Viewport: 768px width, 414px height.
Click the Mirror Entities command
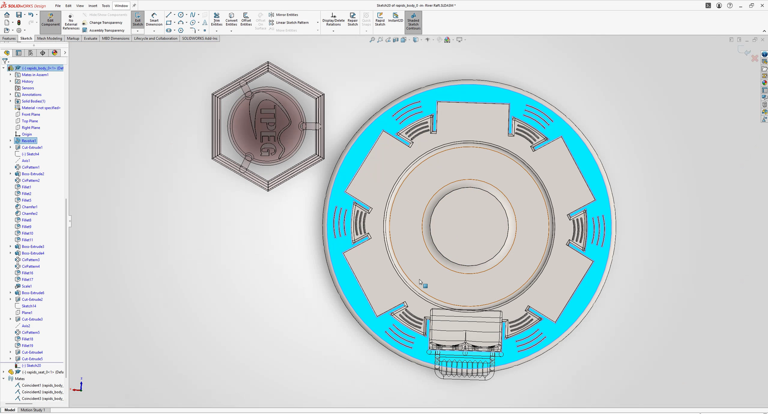pyautogui.click(x=287, y=15)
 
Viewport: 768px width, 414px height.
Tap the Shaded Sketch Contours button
pyautogui.click(x=413, y=22)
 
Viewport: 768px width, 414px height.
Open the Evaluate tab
pyautogui.click(x=91, y=38)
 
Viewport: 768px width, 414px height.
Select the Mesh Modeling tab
pyautogui.click(x=49, y=38)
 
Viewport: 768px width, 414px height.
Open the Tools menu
pyautogui.click(x=106, y=6)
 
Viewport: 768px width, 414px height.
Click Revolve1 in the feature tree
pyautogui.click(x=29, y=141)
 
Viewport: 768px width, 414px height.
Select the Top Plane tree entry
pyautogui.click(x=30, y=121)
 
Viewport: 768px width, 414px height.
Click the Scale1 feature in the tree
pyautogui.click(x=27, y=286)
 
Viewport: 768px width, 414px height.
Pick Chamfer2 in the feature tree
pyautogui.click(x=29, y=214)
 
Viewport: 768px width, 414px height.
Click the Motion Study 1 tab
pyautogui.click(x=33, y=410)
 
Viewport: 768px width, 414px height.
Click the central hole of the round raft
pyautogui.click(x=469, y=227)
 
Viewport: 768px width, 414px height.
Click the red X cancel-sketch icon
pyautogui.click(x=754, y=58)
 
